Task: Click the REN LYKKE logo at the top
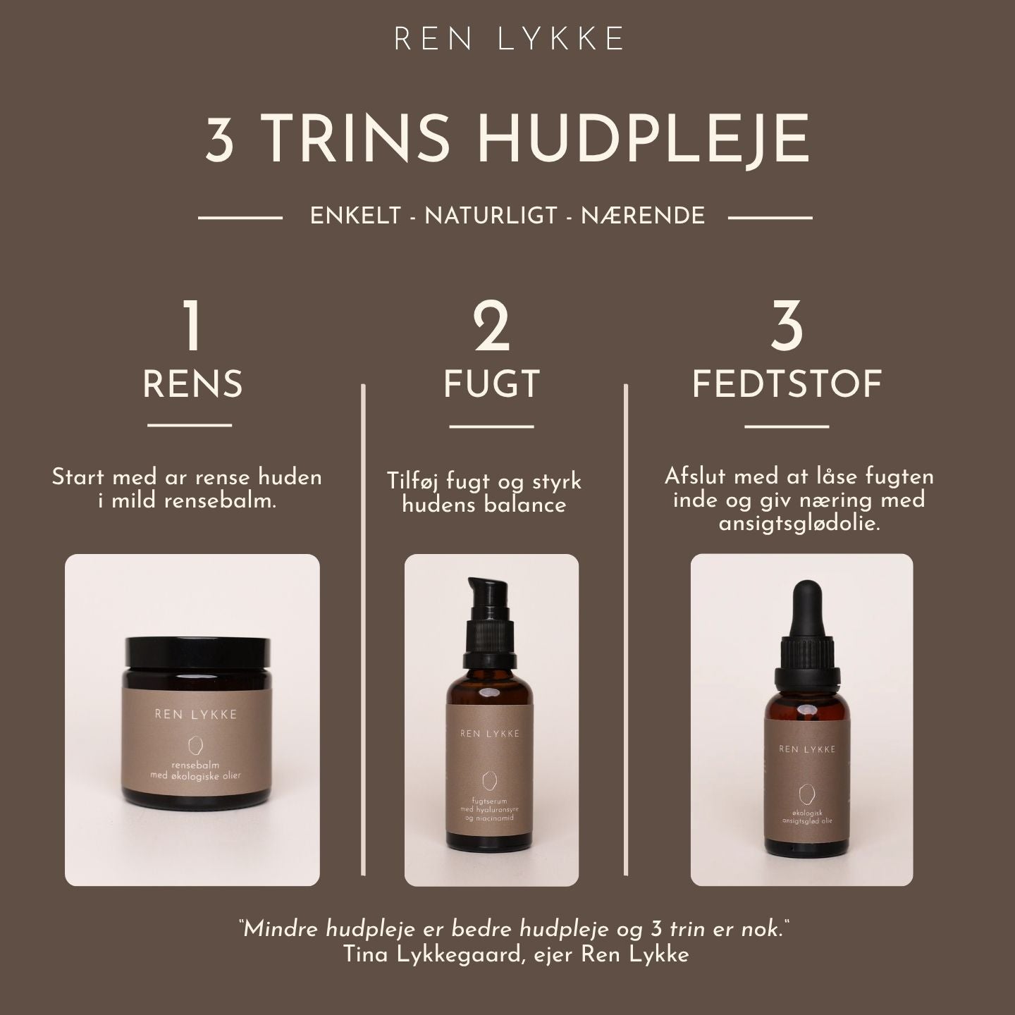[x=508, y=39]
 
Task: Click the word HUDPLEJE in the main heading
[x=643, y=140]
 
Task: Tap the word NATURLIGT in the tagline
[x=491, y=216]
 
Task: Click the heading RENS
[x=192, y=384]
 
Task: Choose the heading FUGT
[x=492, y=384]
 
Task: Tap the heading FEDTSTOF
[x=787, y=384]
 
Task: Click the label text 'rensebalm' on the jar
[x=195, y=764]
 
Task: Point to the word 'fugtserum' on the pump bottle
[x=490, y=800]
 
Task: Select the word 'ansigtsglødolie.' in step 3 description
[x=799, y=524]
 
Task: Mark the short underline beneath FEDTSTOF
[x=787, y=426]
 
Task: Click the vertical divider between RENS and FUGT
[x=364, y=629]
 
